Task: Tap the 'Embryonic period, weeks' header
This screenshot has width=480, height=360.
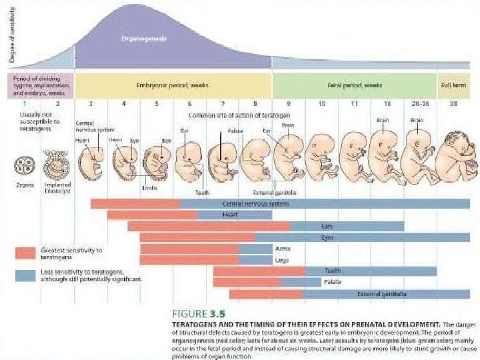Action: click(x=171, y=86)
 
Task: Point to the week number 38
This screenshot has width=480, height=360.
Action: click(x=454, y=105)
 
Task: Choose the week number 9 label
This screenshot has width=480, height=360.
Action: click(x=288, y=105)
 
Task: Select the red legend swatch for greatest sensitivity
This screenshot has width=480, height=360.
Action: click(x=25, y=252)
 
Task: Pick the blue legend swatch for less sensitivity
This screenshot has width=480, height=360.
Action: click(x=25, y=275)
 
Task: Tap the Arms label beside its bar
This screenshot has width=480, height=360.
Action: click(x=283, y=249)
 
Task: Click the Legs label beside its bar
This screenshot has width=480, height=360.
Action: click(x=282, y=260)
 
